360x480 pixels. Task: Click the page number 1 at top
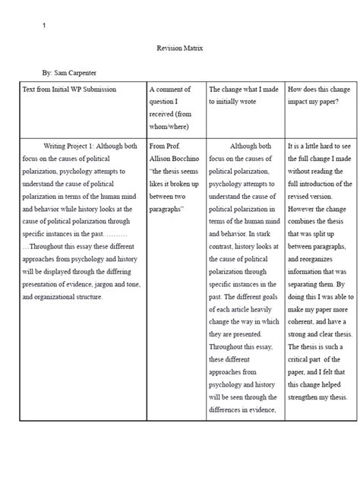44,27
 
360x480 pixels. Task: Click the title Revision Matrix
180,48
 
